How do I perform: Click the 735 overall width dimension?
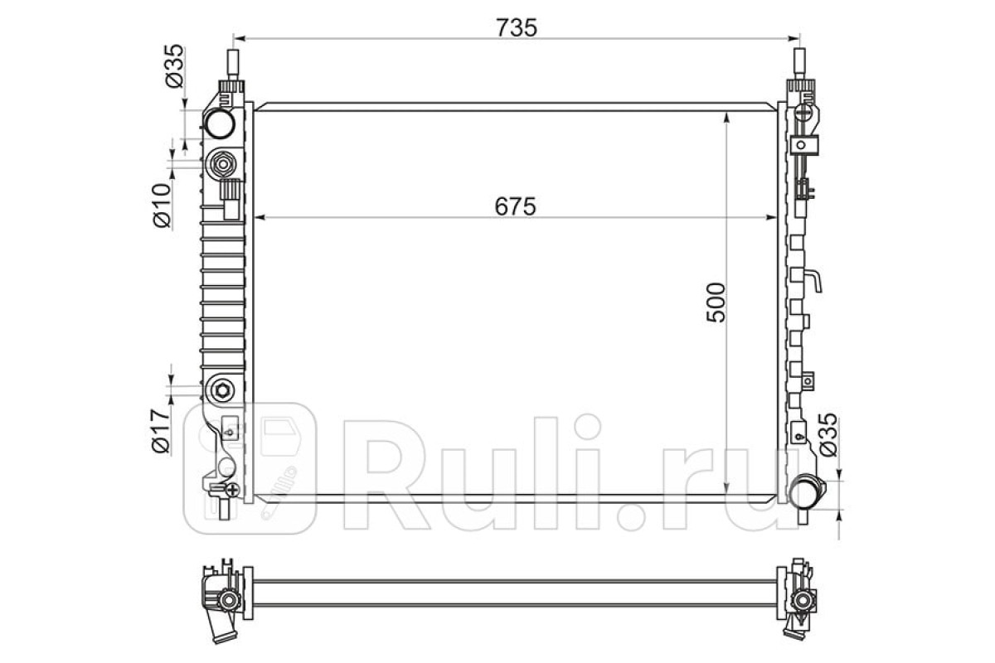pos(516,28)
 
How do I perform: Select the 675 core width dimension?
pos(515,206)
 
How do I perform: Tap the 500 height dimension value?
pos(716,302)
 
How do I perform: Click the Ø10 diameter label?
pos(162,206)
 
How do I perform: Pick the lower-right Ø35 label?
pos(828,435)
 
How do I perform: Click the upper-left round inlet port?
pos(220,123)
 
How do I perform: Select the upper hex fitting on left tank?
pos(222,165)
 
